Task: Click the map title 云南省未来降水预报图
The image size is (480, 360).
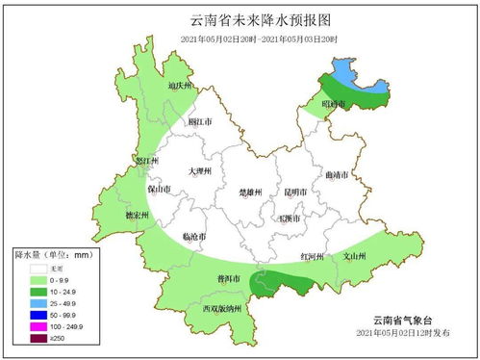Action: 240,19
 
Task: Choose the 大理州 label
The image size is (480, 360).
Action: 201,170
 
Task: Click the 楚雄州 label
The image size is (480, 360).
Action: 252,193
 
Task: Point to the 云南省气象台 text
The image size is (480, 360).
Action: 401,320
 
